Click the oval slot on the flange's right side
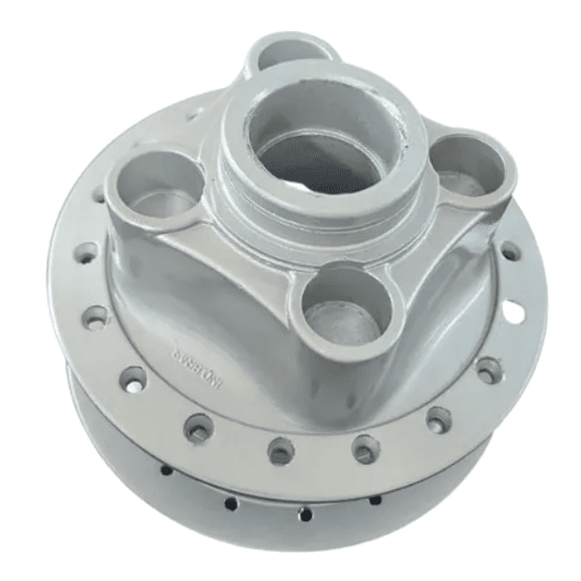tap(514, 310)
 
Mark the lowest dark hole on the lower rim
tap(305, 514)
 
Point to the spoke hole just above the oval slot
tap(510, 252)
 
